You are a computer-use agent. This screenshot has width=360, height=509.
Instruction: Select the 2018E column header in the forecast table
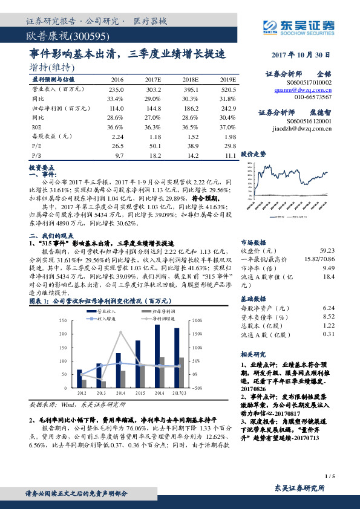[190, 79]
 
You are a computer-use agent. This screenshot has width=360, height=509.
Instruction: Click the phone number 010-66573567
[313, 97]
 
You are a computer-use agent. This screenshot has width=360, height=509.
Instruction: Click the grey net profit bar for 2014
[123, 379]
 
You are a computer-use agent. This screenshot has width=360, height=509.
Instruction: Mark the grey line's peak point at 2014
[120, 332]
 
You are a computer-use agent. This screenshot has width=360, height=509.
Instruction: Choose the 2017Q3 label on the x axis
[179, 392]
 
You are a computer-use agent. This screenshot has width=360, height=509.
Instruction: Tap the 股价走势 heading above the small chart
[253, 154]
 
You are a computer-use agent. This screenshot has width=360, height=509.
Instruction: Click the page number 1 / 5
[329, 476]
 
